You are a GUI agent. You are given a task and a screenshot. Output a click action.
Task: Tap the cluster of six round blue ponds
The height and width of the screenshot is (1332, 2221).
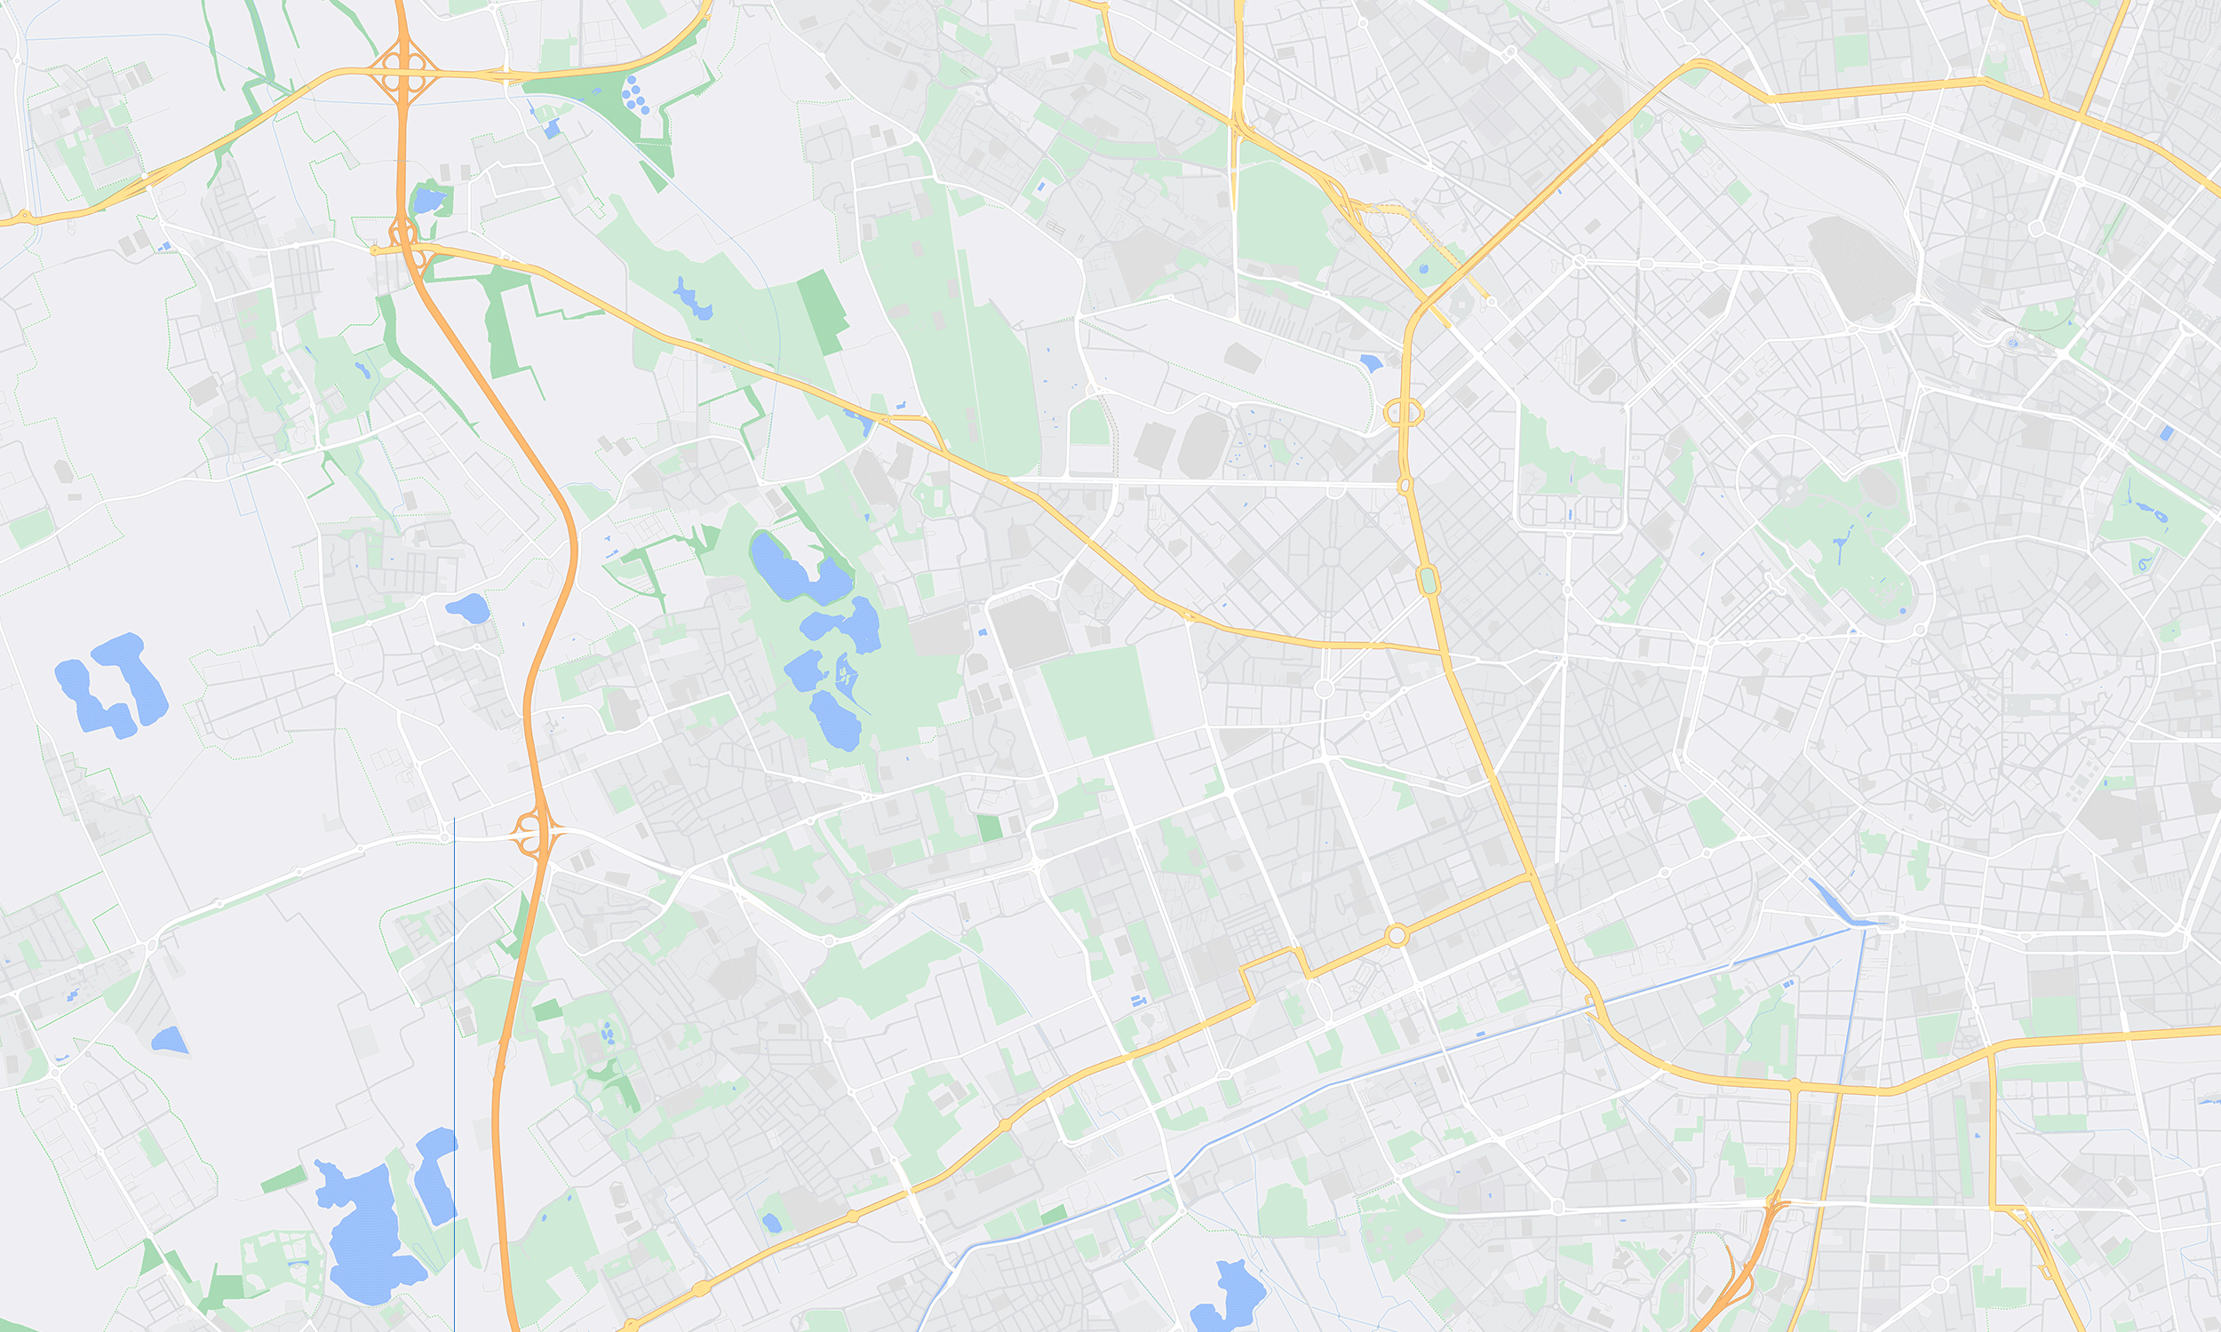[635, 95]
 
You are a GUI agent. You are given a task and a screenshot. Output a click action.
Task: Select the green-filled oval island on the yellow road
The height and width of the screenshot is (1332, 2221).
[1429, 580]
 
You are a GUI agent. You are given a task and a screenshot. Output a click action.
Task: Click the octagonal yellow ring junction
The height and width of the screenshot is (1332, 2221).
[1403, 413]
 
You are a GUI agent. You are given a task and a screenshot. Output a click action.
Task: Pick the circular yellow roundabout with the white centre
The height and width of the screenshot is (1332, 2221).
[1396, 936]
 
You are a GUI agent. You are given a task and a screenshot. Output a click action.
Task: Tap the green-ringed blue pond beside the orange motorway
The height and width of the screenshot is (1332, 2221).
[428, 200]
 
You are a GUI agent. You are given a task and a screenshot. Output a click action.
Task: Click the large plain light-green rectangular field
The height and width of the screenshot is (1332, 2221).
[1097, 700]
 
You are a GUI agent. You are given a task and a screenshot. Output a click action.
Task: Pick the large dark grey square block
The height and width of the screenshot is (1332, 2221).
[1029, 631]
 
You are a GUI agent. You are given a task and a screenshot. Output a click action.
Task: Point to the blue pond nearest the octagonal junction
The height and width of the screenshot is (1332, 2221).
[1371, 362]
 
